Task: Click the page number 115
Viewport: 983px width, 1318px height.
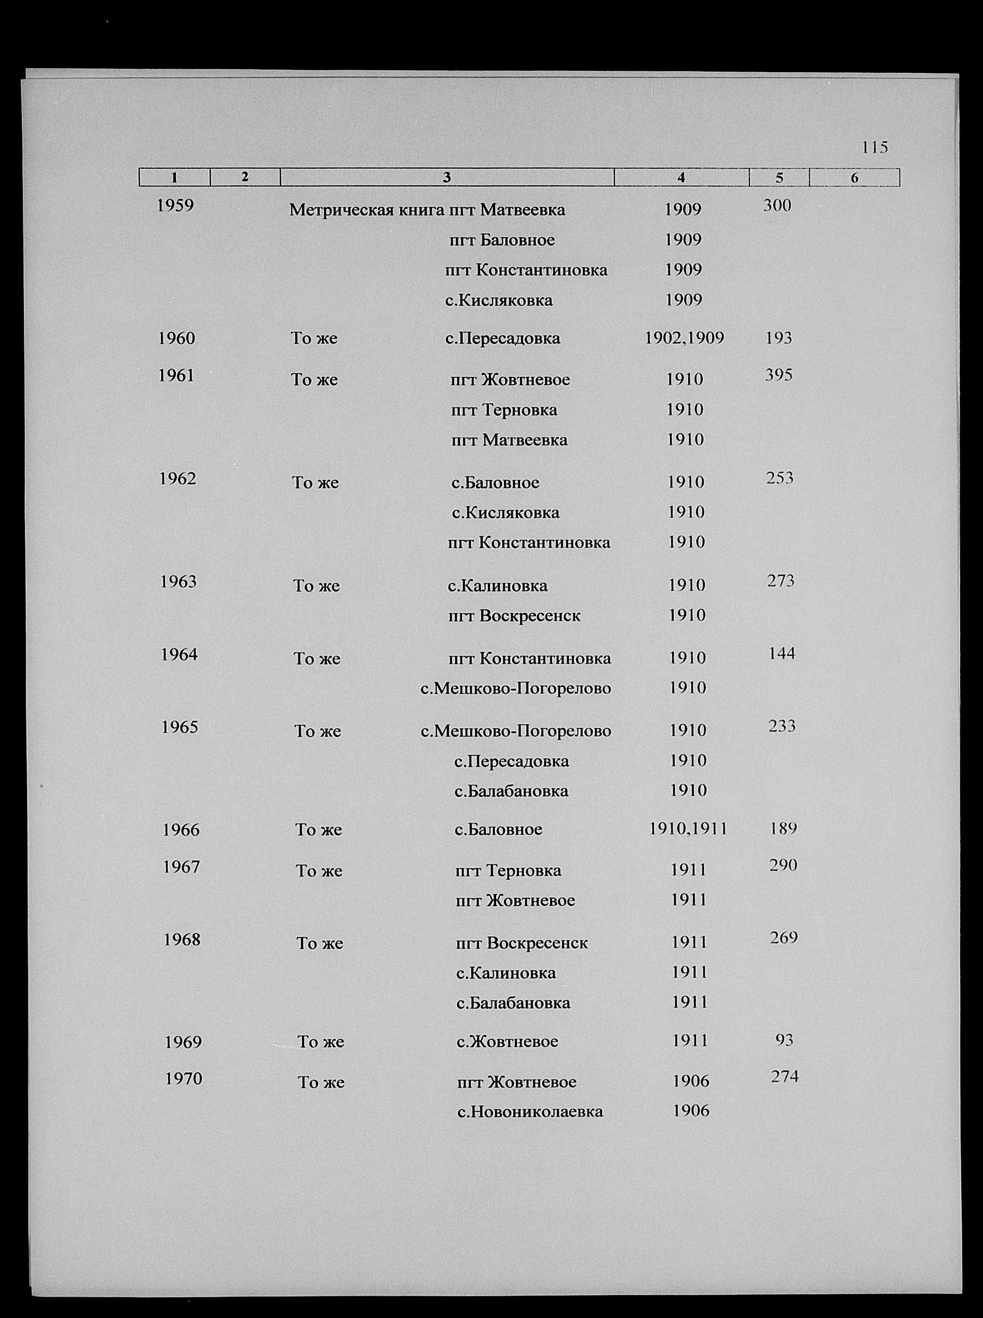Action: (874, 147)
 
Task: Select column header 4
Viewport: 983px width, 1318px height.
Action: (681, 178)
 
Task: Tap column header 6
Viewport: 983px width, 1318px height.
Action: (854, 178)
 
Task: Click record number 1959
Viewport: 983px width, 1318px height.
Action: (175, 206)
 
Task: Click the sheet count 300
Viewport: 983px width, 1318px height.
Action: (777, 206)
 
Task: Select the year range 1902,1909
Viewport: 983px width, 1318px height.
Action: (684, 338)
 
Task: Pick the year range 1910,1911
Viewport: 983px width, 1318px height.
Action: (688, 829)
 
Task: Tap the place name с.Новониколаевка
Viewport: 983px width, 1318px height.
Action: (529, 1111)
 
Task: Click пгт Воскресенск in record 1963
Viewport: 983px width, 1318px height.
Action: (514, 615)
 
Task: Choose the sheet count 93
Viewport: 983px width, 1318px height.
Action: (784, 1040)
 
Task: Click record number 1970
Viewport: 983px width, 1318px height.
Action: (184, 1078)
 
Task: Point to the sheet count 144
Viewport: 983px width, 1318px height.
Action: (782, 654)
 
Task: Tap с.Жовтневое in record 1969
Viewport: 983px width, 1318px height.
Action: (507, 1041)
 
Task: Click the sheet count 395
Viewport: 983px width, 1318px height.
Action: (779, 375)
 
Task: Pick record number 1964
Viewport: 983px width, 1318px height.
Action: (179, 655)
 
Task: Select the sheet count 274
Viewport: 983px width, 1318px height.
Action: (784, 1077)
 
